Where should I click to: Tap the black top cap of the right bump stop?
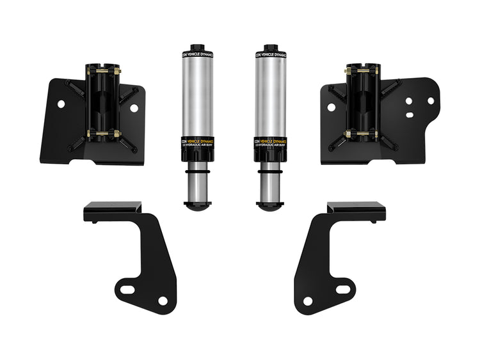coord(268,49)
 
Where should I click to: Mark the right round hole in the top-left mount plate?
coord(134,108)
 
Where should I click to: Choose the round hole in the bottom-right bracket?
coord(308,301)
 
